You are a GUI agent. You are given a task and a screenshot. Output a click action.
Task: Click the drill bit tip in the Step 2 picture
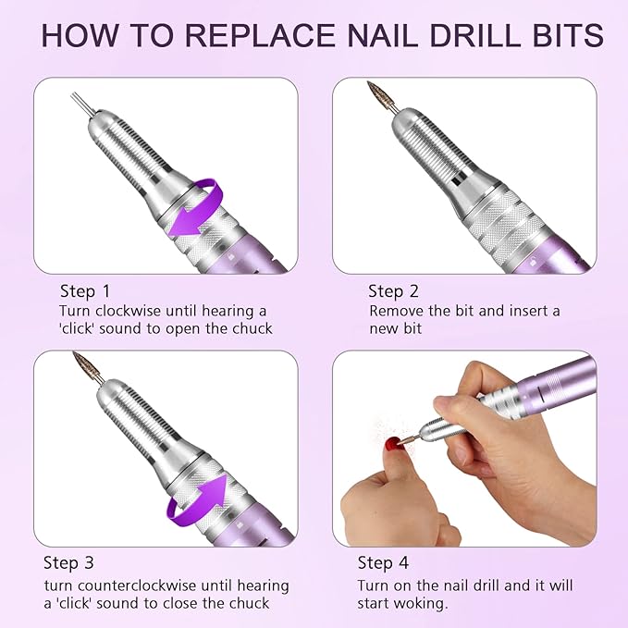pos(376,93)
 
